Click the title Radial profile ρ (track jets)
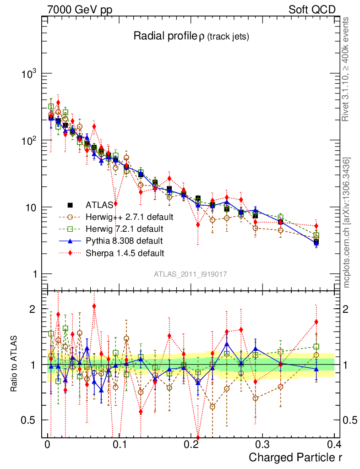coord(191,37)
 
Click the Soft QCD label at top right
coord(312,10)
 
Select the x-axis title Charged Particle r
coord(295,457)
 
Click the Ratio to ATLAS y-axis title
coord(15,364)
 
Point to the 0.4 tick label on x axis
coord(333,445)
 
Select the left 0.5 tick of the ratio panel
coord(29,420)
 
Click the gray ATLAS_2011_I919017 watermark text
coord(191,274)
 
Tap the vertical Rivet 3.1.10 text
coord(346,69)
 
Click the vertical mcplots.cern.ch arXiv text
coord(347,222)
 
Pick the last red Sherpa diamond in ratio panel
coord(316,322)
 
